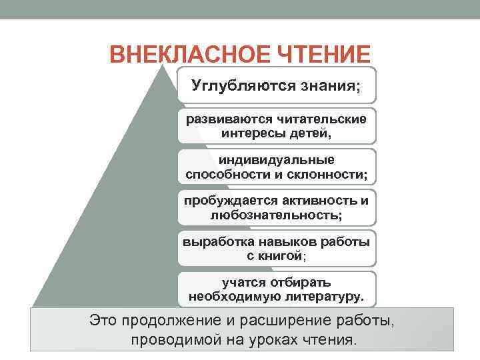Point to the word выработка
click(x=215, y=242)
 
